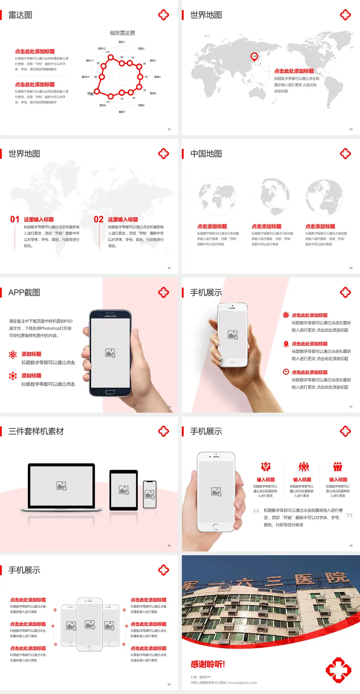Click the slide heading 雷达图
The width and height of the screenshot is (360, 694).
click(20, 15)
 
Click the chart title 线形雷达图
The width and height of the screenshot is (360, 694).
click(122, 33)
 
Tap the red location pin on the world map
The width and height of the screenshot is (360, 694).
click(254, 56)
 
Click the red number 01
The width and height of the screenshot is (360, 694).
click(15, 219)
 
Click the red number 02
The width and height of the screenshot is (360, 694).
click(99, 219)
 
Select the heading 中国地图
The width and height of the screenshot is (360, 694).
click(206, 154)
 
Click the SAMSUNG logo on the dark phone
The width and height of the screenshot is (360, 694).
click(110, 316)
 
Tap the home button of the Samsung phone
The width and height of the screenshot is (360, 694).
click(110, 392)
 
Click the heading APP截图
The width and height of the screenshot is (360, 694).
click(24, 293)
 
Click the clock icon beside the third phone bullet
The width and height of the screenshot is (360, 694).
click(286, 372)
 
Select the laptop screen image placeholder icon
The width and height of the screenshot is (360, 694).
click(61, 486)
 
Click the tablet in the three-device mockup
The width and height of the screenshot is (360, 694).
click(124, 490)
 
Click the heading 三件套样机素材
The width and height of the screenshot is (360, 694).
click(36, 431)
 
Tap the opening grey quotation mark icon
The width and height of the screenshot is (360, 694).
click(256, 511)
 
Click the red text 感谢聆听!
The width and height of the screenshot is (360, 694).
click(208, 664)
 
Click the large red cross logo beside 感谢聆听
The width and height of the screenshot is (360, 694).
click(338, 670)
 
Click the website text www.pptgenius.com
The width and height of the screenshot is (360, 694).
click(242, 683)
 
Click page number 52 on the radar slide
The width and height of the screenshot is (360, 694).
click(169, 129)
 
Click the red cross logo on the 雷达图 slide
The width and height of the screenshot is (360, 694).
click(163, 15)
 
